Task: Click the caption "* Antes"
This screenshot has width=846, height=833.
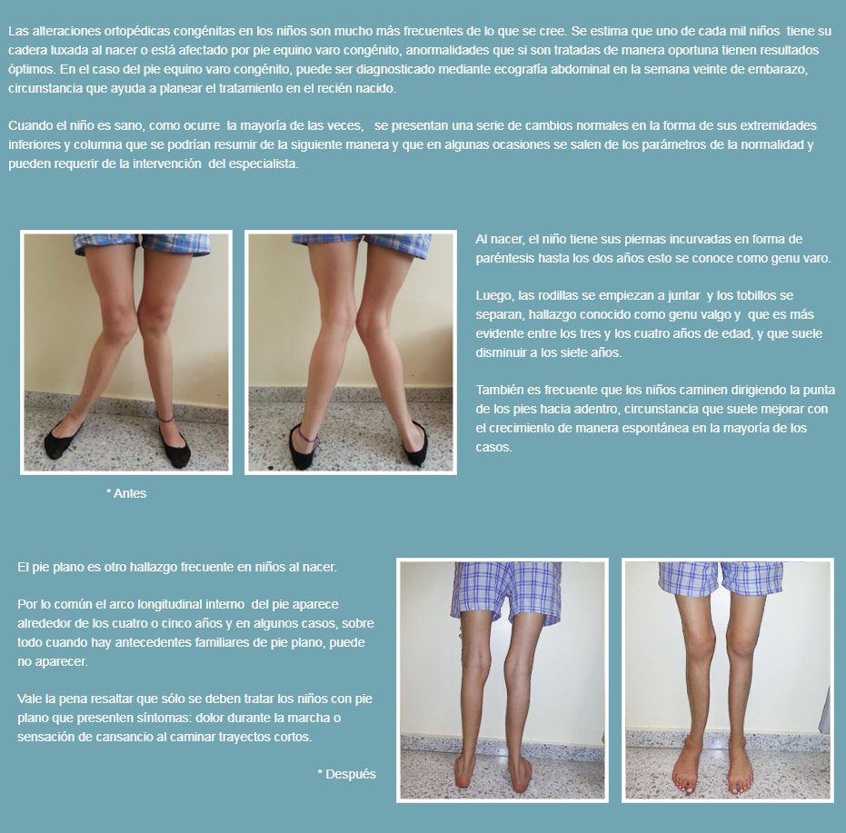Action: pyautogui.click(x=126, y=493)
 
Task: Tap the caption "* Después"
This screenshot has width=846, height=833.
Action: pyautogui.click(x=346, y=774)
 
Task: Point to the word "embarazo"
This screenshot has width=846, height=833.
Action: pyautogui.click(x=781, y=70)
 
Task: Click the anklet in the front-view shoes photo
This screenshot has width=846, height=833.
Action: pyautogui.click(x=164, y=417)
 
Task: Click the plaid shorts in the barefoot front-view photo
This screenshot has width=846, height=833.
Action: pyautogui.click(x=721, y=579)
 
